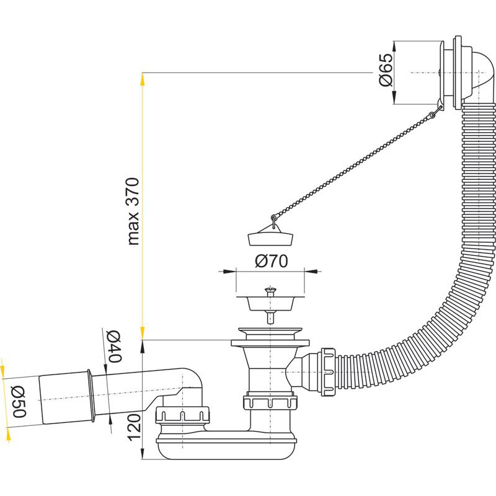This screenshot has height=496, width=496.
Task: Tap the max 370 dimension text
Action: point(133,211)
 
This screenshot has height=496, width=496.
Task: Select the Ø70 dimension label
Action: point(271,262)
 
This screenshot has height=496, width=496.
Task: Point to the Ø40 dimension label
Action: point(113,347)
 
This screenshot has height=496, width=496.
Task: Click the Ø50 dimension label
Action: point(18,401)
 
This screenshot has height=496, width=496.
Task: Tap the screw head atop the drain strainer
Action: point(269,290)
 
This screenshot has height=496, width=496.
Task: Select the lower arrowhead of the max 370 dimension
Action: point(143,335)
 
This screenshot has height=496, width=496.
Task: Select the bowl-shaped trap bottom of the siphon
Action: point(223,447)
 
